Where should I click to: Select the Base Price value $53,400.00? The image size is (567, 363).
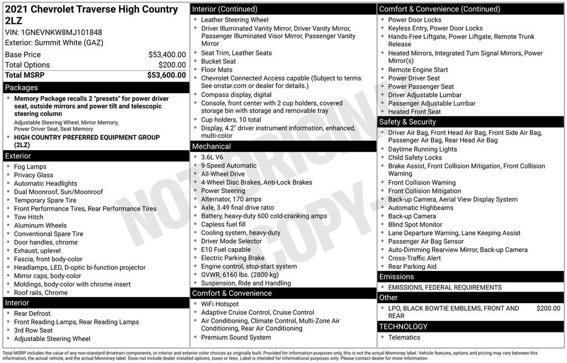click(x=167, y=55)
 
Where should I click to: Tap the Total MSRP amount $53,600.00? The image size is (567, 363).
click(x=166, y=75)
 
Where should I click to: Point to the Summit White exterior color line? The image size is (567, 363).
click(x=54, y=43)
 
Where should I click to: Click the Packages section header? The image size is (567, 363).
click(x=22, y=88)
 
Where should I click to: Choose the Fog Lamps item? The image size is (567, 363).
click(x=30, y=167)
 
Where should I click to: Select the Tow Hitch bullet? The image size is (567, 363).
click(x=28, y=217)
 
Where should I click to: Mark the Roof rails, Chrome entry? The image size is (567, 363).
click(x=40, y=293)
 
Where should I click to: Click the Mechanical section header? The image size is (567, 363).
click(x=212, y=146)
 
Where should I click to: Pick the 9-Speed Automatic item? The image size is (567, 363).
click(x=229, y=166)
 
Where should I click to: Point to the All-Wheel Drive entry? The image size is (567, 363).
click(x=223, y=174)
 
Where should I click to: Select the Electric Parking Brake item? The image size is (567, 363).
click(x=233, y=258)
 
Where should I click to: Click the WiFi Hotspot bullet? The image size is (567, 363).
click(x=220, y=304)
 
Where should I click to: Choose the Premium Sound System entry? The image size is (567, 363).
click(x=236, y=338)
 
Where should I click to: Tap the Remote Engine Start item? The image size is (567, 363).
click(x=417, y=70)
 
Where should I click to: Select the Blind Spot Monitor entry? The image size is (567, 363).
click(x=415, y=225)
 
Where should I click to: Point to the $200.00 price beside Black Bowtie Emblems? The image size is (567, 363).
click(x=548, y=309)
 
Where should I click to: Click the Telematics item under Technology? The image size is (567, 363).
click(x=404, y=338)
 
